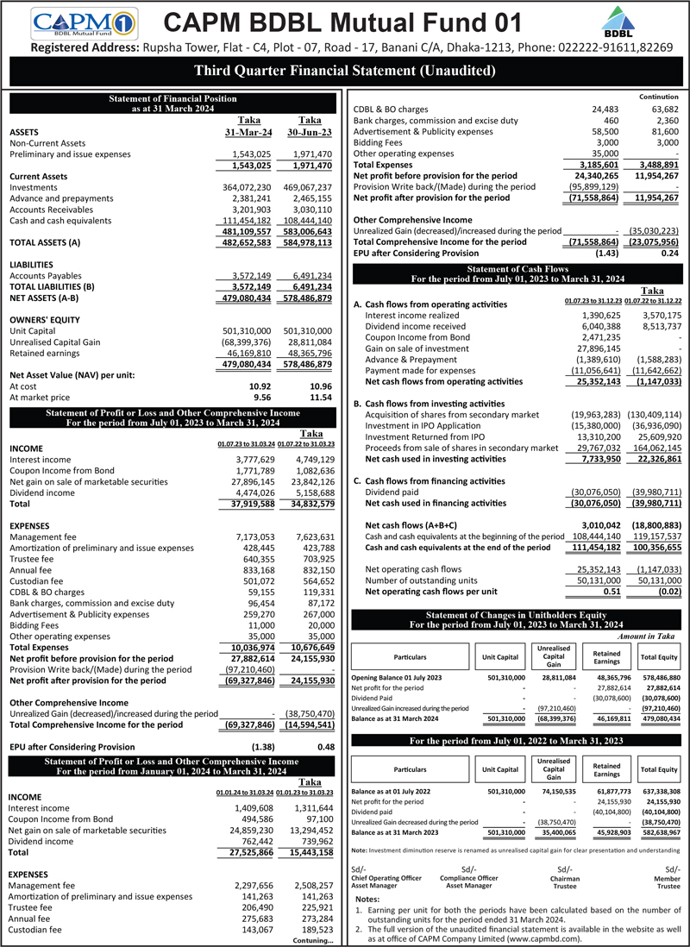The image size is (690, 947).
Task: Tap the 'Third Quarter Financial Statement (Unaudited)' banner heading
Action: coord(345,71)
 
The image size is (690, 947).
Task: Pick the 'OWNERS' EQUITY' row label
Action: coord(46,319)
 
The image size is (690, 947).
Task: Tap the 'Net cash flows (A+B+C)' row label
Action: coord(411,524)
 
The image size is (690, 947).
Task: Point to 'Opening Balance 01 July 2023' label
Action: coord(397,677)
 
